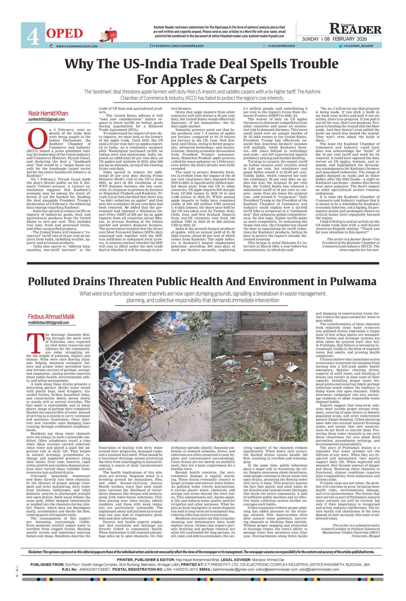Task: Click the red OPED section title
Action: pyautogui.click(x=64, y=34)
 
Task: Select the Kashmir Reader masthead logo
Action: pyautogui.click(x=355, y=29)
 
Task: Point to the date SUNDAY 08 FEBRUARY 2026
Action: pyautogui.click(x=334, y=39)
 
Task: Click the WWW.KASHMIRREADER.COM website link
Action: pyautogui.click(x=76, y=46)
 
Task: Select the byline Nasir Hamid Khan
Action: pyautogui.click(x=48, y=113)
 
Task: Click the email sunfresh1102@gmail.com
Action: pyautogui.click(x=46, y=120)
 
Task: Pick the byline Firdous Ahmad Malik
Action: pyautogui.click(x=51, y=316)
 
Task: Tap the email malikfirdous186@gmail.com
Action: pyautogui.click(x=48, y=323)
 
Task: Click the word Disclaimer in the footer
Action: pyautogui.click(x=35, y=552)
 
